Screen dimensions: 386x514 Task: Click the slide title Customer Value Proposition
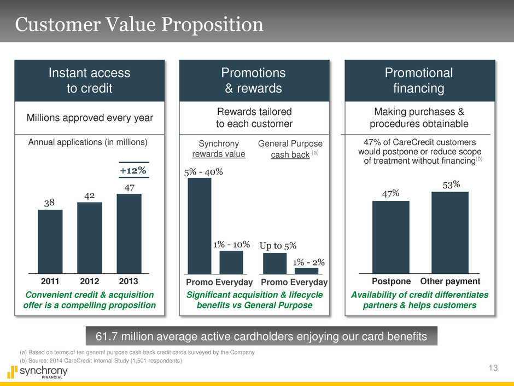(x=139, y=25)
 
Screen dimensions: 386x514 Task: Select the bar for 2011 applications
(x=50, y=241)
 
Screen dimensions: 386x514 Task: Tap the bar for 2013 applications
(x=129, y=233)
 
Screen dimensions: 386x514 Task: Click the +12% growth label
(x=133, y=170)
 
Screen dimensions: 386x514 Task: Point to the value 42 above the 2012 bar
(x=89, y=195)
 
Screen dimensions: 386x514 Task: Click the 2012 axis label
(x=90, y=281)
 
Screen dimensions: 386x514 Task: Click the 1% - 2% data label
(x=307, y=262)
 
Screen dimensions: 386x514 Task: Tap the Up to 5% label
(x=278, y=245)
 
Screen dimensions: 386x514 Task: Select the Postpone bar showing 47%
(x=390, y=237)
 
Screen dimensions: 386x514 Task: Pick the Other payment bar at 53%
(x=449, y=232)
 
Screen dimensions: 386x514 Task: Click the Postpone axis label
(x=392, y=281)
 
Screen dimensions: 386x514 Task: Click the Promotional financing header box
(x=419, y=80)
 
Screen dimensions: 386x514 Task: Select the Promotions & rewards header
(x=254, y=80)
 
